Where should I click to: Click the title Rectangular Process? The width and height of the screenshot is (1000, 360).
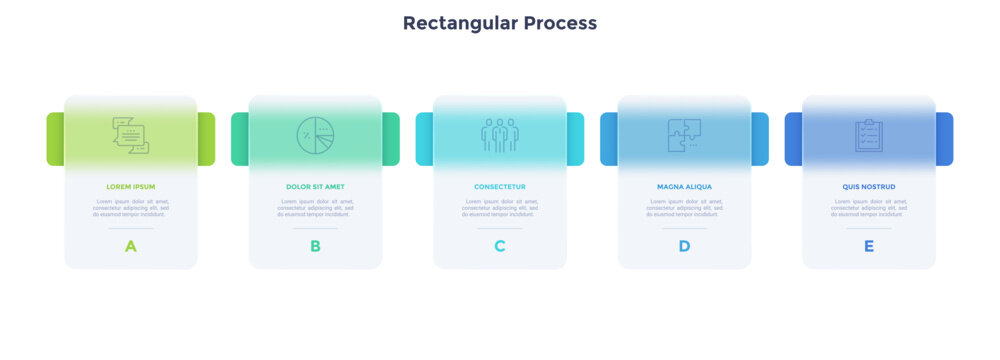[x=499, y=23]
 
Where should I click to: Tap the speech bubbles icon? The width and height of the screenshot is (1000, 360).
[x=131, y=135]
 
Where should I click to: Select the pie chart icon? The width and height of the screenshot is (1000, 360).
[x=315, y=135]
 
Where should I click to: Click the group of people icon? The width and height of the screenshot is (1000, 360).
[x=500, y=135]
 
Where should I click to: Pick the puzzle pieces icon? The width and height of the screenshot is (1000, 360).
[x=684, y=135]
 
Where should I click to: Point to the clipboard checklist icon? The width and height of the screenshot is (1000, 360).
[x=868, y=135]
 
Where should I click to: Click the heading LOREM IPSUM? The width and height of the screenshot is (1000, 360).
[x=131, y=187]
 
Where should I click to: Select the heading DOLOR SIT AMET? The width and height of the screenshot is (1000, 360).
[x=315, y=187]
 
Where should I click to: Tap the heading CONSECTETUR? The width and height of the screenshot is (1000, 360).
[x=500, y=187]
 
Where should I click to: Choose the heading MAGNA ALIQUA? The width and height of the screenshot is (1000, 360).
[x=684, y=187]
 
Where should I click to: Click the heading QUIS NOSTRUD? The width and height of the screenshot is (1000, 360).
[x=868, y=187]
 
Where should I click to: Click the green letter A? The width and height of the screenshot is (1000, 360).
[x=131, y=246]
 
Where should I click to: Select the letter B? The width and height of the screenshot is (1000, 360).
[x=315, y=246]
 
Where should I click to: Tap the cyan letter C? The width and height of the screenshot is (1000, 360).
[x=500, y=246]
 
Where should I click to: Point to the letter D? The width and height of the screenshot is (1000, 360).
[x=684, y=246]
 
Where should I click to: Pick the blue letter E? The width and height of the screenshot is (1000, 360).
[x=868, y=246]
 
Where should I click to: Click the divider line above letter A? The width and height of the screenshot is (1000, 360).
[x=131, y=228]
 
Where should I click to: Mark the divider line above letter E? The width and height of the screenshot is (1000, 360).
[x=868, y=228]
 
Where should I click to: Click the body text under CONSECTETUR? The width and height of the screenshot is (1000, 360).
[x=500, y=207]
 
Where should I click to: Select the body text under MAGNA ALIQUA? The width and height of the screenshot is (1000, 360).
[x=684, y=207]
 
